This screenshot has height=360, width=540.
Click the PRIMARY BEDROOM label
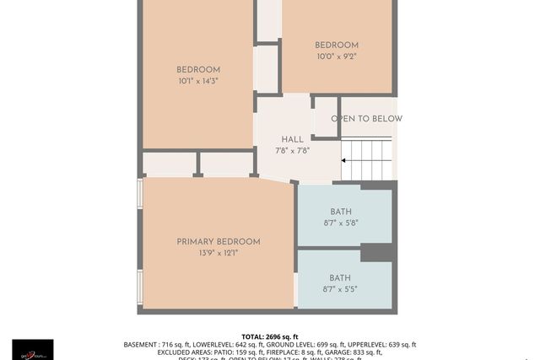pos(219,242)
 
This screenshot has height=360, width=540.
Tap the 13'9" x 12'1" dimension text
pos(219,253)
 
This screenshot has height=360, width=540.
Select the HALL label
pos(292,140)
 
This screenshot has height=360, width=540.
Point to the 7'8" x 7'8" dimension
pos(292,151)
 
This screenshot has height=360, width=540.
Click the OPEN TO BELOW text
pos(366,119)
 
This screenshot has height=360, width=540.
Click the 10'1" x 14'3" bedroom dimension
pos(198,82)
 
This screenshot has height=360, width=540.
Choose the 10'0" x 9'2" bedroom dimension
pos(337,56)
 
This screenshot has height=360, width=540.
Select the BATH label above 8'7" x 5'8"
pos(341,212)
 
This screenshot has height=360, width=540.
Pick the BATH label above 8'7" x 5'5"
pos(340,278)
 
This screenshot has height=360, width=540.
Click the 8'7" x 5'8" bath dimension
pos(341,223)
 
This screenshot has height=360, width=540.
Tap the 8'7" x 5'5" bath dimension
pos(340,289)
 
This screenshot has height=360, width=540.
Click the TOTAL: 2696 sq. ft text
pos(270,336)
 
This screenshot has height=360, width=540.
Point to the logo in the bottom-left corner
pos(32,349)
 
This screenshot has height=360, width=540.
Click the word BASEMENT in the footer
pos(140,345)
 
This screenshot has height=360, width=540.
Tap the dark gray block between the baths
pos(377,252)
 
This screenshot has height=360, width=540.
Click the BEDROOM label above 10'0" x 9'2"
pos(337,46)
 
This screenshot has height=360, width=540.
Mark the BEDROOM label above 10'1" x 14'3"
pos(198,70)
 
